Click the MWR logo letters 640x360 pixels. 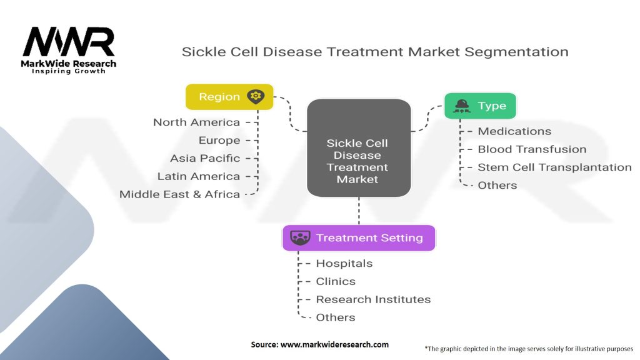click(x=69, y=42)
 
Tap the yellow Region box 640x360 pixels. click(x=229, y=97)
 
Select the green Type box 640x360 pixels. click(x=481, y=106)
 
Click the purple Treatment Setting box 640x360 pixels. click(x=359, y=238)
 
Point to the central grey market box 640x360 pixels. click(x=359, y=147)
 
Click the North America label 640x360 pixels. click(x=196, y=122)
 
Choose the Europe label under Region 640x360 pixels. click(x=219, y=141)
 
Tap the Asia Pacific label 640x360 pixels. click(x=205, y=158)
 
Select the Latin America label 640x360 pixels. click(x=198, y=176)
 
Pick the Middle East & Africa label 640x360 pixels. click(x=179, y=194)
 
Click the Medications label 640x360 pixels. click(x=514, y=131)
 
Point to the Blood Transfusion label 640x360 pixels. click(x=532, y=149)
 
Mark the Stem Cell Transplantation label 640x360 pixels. click(x=555, y=167)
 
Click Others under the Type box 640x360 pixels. click(x=497, y=185)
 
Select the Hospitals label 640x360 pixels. click(x=344, y=263)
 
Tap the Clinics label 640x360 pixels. click(x=336, y=281)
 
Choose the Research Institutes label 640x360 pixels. click(x=373, y=299)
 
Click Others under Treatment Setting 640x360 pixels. click(x=336, y=317)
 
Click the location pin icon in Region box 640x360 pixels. click(x=256, y=97)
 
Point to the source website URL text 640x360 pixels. click(x=334, y=344)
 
